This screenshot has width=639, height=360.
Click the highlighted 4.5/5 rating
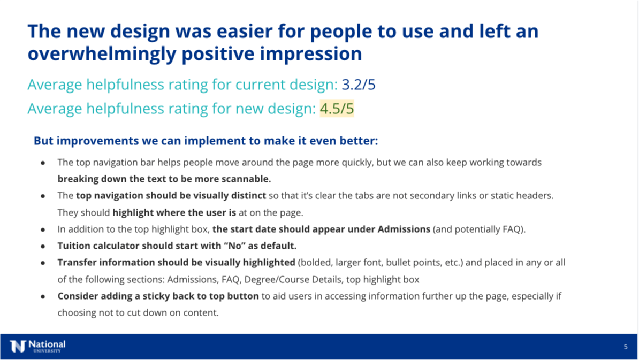[337, 109]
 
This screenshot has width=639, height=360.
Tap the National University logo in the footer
[37, 346]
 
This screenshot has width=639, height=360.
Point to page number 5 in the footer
[626, 347]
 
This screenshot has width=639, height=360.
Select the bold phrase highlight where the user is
[174, 212]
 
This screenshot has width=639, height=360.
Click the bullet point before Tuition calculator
[43, 246]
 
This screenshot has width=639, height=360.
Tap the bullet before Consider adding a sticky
[43, 296]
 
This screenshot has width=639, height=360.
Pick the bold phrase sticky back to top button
[207, 296]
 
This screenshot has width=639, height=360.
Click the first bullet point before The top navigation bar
[43, 163]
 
